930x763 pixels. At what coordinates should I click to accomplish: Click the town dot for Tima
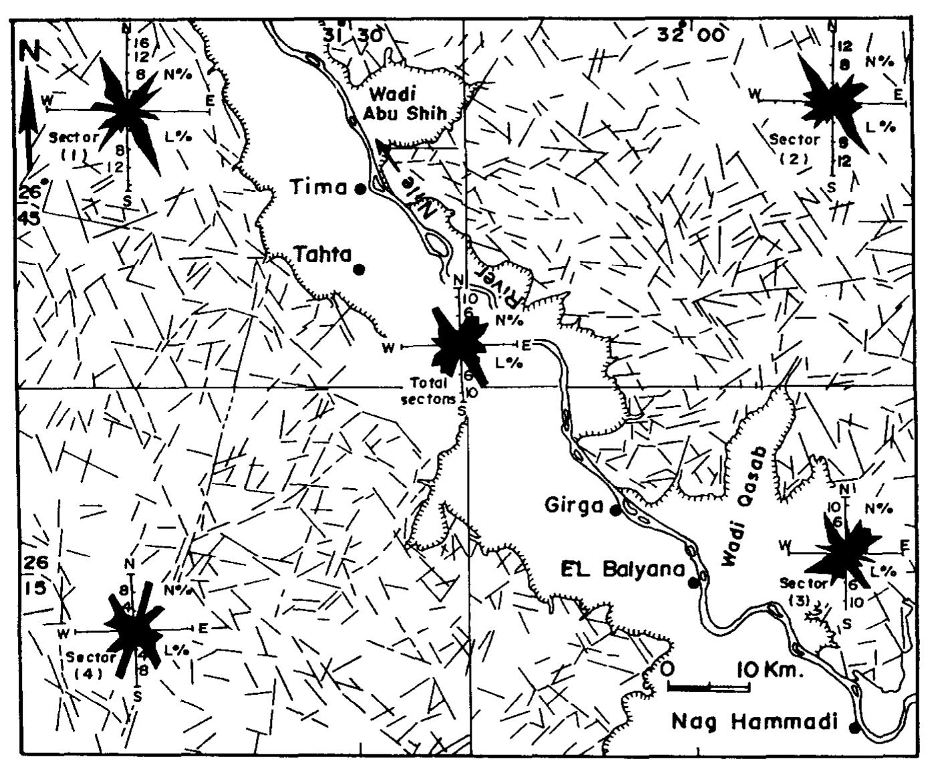click(x=360, y=189)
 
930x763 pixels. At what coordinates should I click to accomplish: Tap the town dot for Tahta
click(x=359, y=269)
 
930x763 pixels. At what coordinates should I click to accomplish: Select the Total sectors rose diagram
click(x=461, y=344)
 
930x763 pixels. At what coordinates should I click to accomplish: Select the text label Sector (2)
click(x=794, y=149)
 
